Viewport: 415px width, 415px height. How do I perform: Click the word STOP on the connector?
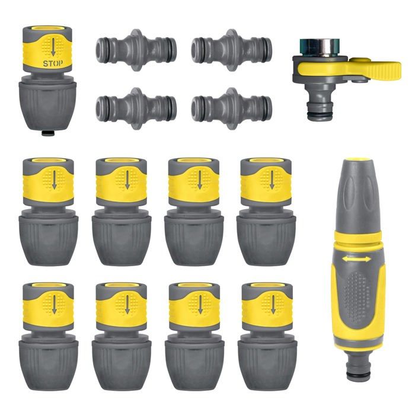coord(53,63)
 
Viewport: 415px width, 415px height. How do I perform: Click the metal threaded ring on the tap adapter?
coord(320,47)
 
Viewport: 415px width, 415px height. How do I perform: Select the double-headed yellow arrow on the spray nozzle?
coord(356,259)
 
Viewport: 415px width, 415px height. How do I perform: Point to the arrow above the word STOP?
coord(53,47)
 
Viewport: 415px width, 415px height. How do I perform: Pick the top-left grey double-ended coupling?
coord(136,50)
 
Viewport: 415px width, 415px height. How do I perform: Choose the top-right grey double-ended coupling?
coord(232,50)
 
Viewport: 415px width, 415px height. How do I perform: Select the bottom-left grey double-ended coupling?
coord(136,108)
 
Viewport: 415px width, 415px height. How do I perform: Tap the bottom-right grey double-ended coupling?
coord(232,108)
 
